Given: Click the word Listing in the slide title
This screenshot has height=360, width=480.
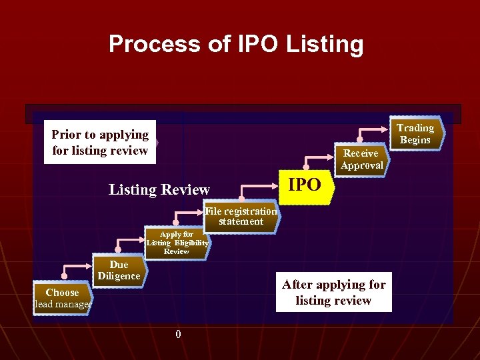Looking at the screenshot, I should (325, 45).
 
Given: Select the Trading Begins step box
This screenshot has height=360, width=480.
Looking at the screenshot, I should (415, 134).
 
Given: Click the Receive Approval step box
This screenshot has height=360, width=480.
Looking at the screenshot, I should (361, 159).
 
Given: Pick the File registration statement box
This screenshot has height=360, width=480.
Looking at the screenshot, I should (241, 216).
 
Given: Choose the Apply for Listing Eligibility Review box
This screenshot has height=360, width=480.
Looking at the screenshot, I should (177, 243).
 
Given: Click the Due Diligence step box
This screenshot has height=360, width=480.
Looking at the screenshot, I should (119, 270).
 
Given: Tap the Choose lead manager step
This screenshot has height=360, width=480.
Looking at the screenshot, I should (62, 298).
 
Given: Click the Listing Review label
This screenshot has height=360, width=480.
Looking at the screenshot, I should (159, 190).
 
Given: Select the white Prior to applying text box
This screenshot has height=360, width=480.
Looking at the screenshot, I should (100, 142).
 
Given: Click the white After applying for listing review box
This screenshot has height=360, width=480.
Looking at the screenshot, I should (333, 292).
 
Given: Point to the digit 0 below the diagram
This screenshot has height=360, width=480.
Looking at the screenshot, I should (178, 334).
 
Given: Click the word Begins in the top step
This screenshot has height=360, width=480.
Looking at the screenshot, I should (415, 140).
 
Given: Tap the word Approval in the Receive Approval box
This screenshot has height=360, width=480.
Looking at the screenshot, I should (362, 165).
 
